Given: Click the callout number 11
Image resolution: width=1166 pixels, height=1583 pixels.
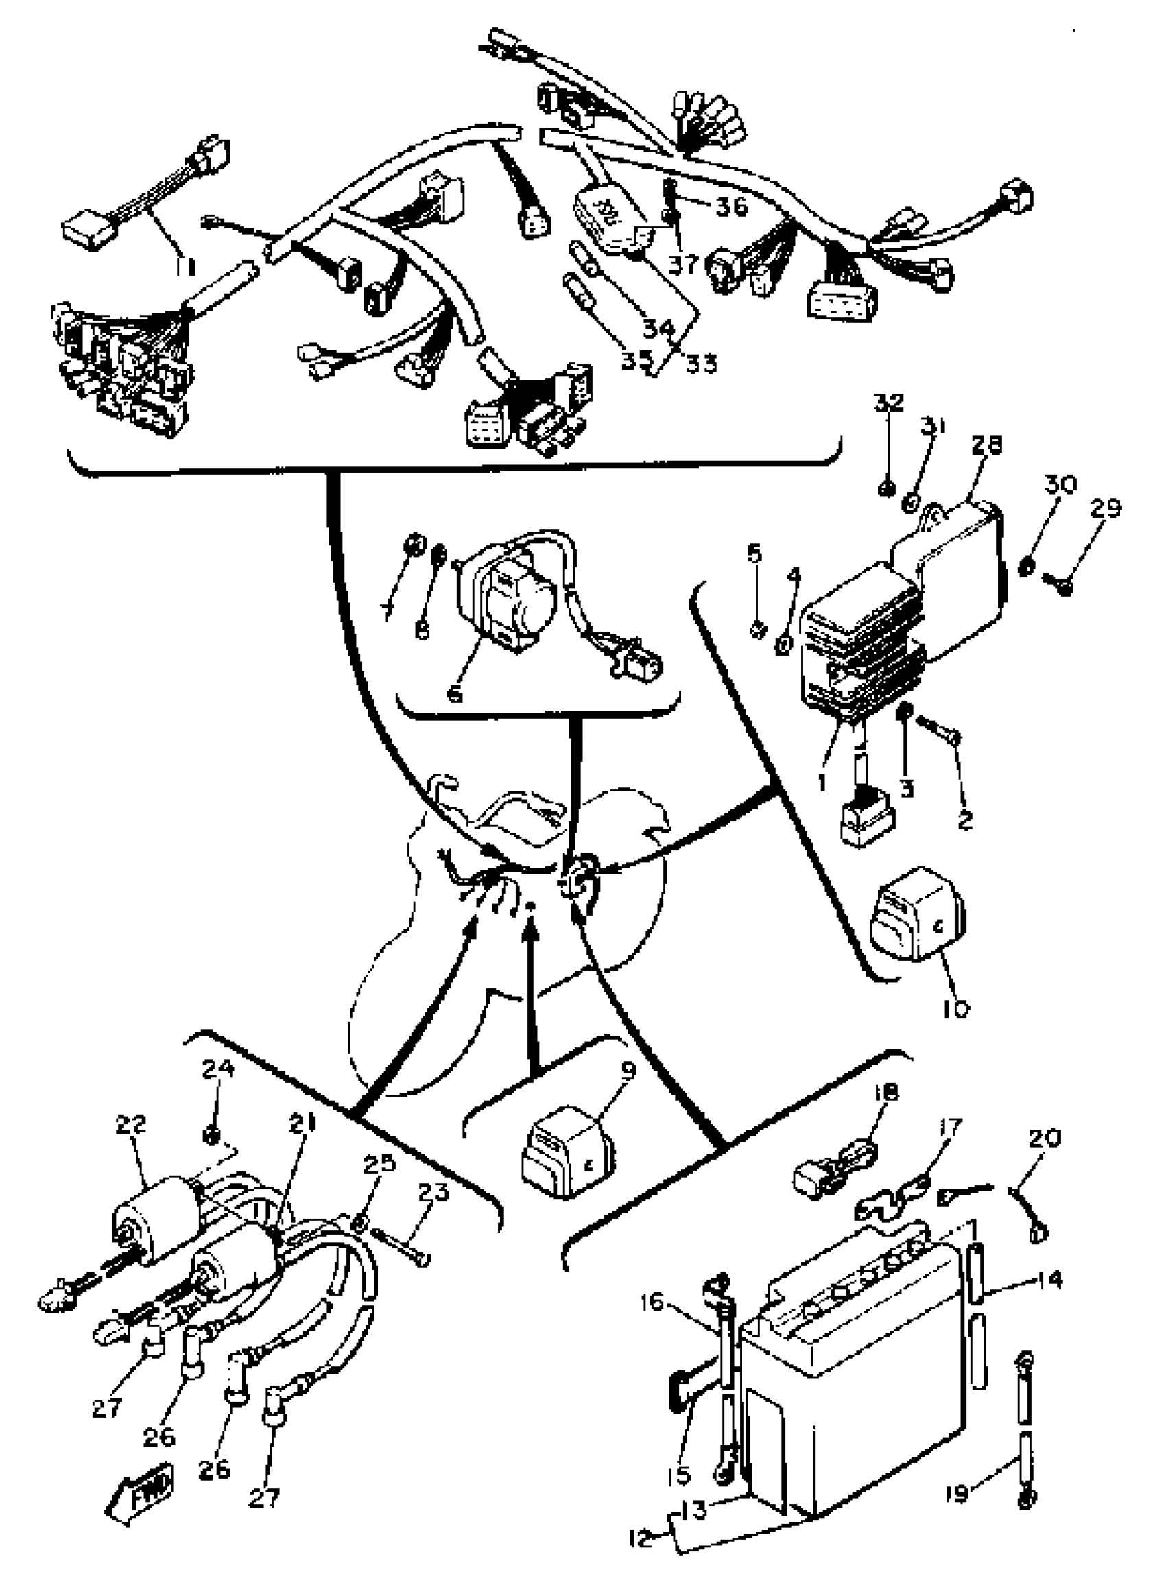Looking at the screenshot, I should click(x=186, y=265).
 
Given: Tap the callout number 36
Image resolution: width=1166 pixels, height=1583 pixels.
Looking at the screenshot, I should click(x=731, y=206).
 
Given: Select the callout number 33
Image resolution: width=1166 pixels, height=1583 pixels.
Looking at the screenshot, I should click(x=701, y=364).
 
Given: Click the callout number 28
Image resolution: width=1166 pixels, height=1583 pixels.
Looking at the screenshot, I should click(x=986, y=444).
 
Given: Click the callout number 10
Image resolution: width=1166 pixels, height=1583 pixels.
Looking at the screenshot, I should click(x=955, y=1009).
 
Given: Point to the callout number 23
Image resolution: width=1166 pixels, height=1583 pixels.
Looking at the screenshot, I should click(x=433, y=1192).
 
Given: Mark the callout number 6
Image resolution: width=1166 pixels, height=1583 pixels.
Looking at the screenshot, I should click(x=455, y=693).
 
